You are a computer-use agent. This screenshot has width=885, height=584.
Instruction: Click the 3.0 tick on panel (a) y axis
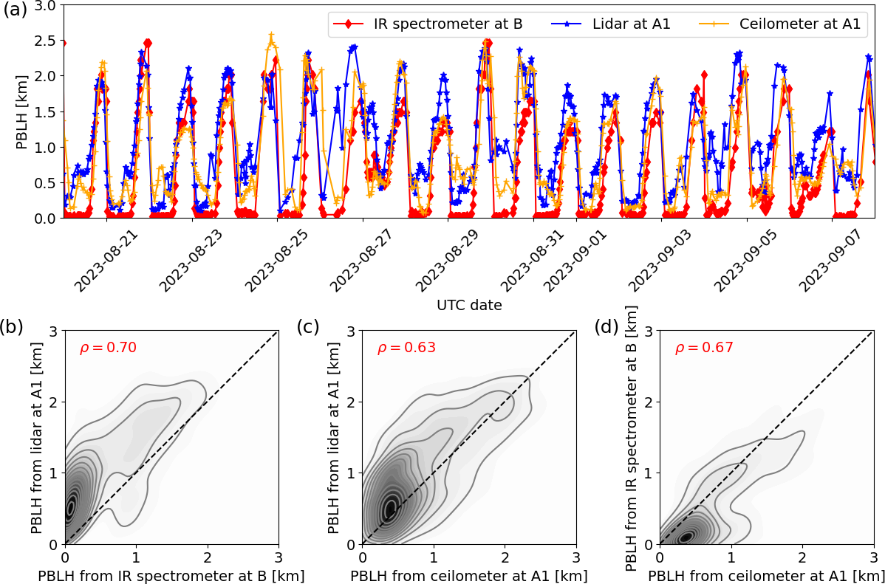45,6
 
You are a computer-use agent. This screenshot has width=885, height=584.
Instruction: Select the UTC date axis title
469,305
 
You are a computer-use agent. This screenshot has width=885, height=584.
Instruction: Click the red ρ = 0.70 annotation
108,348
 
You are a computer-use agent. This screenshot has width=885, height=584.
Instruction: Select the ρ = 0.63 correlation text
406,348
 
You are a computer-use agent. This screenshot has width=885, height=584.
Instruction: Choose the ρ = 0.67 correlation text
703,348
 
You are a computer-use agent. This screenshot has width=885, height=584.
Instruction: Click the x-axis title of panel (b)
171,575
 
